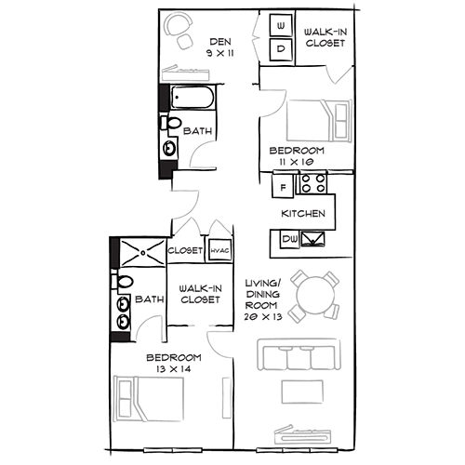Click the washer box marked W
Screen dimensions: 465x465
(x=281, y=25)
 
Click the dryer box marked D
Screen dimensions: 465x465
(x=281, y=49)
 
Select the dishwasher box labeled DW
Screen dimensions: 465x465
(x=289, y=239)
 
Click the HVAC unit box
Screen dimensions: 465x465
(x=220, y=250)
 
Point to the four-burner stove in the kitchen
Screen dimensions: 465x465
(x=313, y=183)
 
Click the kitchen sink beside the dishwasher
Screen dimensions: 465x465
(x=313, y=239)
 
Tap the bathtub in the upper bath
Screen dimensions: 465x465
(x=193, y=97)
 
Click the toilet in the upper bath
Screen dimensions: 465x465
(x=171, y=124)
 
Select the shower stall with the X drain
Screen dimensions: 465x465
(x=142, y=252)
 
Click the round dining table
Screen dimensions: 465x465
(x=314, y=295)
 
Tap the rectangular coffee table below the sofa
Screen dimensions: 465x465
(x=302, y=392)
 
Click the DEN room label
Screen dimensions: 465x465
(x=220, y=42)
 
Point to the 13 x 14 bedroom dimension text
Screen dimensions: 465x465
(x=174, y=369)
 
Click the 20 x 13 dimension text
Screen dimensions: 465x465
(x=263, y=317)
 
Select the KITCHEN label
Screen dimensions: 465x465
(x=303, y=213)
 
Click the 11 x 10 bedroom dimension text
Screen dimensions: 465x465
(x=297, y=162)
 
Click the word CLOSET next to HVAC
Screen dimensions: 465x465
(x=185, y=250)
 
